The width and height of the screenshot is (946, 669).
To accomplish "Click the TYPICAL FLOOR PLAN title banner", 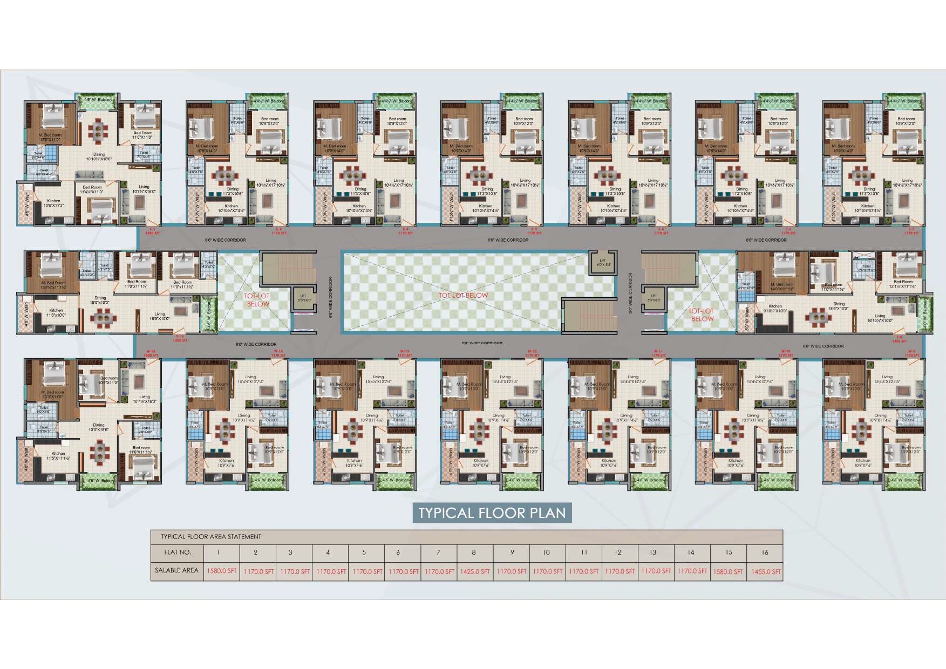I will click(492, 513).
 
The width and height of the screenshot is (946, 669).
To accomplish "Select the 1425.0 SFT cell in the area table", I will click(475, 571).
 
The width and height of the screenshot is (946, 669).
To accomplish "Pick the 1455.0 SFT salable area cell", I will click(766, 571).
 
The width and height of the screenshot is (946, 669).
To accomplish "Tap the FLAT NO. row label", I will click(178, 552).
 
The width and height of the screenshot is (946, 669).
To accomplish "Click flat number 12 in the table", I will click(618, 552).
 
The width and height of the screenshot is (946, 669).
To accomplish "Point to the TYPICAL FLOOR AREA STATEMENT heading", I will click(211, 537).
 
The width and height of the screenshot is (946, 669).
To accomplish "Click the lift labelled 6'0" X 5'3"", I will click(602, 263).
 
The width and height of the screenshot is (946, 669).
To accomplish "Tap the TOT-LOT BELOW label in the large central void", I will click(463, 296).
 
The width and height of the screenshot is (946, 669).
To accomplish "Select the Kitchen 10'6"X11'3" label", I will click(53, 203).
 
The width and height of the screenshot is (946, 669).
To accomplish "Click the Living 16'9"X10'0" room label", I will click(160, 316).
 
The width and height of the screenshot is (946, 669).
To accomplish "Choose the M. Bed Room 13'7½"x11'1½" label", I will click(53, 285).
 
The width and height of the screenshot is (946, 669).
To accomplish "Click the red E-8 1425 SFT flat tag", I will click(899, 339).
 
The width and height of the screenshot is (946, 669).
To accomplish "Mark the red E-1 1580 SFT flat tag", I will click(153, 231).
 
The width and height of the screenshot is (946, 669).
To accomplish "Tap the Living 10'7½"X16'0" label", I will click(144, 189).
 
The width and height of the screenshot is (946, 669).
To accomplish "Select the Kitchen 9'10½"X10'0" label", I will click(775, 309).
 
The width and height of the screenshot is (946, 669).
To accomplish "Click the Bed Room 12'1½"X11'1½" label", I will click(903, 284).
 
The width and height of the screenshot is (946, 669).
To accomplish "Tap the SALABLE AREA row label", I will click(176, 570).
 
